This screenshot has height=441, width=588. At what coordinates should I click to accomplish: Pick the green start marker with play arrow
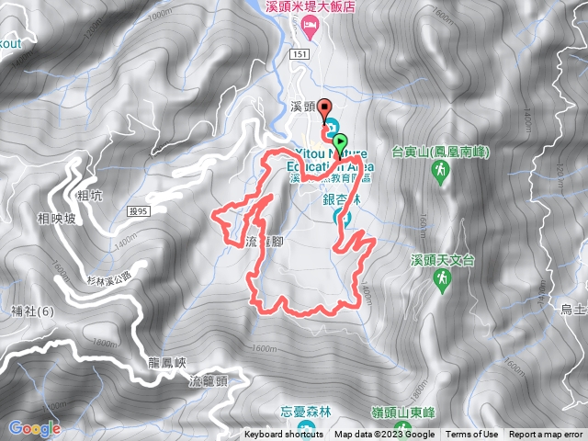coord(341,141)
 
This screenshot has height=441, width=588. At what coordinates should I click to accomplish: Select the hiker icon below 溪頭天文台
coord(443,278)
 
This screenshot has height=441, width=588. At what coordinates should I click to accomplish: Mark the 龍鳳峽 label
coord(166,362)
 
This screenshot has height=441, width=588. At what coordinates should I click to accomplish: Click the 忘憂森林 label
coord(304,411)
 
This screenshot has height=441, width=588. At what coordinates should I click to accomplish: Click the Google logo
coord(34,428)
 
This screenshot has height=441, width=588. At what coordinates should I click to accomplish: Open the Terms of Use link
coord(472,435)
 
